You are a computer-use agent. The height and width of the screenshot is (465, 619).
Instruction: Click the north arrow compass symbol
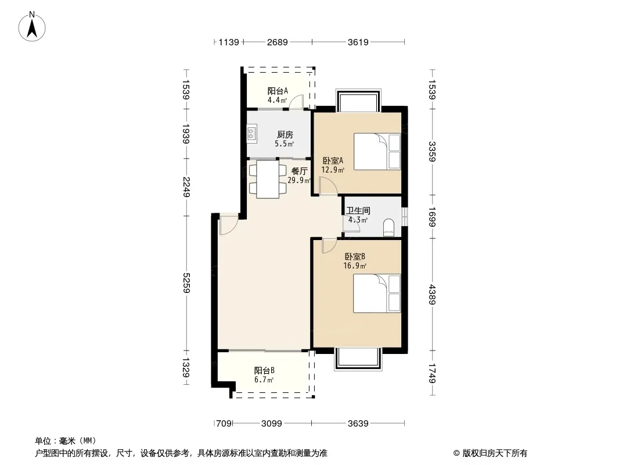[x=32, y=27]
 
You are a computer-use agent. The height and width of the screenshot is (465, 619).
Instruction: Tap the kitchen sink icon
[x=252, y=134]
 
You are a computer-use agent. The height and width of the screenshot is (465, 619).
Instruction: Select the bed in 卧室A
[x=377, y=152]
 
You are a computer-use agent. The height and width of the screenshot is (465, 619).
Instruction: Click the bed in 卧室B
[x=377, y=294]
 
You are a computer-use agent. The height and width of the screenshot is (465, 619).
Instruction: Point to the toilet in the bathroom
[x=388, y=228]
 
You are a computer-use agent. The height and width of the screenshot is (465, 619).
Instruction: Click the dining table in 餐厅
[x=268, y=179]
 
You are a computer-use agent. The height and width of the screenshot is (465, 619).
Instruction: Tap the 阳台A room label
[x=278, y=91]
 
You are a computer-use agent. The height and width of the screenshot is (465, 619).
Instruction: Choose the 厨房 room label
[x=285, y=135]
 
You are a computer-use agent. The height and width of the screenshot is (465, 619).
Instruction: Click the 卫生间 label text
[x=358, y=211]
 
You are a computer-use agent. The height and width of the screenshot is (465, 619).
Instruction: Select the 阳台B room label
[x=264, y=371]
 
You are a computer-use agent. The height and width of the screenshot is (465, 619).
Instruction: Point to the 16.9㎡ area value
[x=355, y=266]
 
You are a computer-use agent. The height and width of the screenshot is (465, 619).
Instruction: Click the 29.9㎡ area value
[x=299, y=181]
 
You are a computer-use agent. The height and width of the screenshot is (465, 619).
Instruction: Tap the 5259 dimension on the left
[x=186, y=283]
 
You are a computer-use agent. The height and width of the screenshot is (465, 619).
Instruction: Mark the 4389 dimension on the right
[x=432, y=294]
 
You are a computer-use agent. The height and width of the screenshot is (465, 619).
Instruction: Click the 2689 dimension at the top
[x=277, y=42]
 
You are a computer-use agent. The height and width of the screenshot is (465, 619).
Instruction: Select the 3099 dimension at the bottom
[x=272, y=424]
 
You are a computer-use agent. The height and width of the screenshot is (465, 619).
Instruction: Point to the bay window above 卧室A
[x=358, y=101]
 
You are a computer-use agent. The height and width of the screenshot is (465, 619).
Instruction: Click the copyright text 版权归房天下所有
[x=495, y=453]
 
